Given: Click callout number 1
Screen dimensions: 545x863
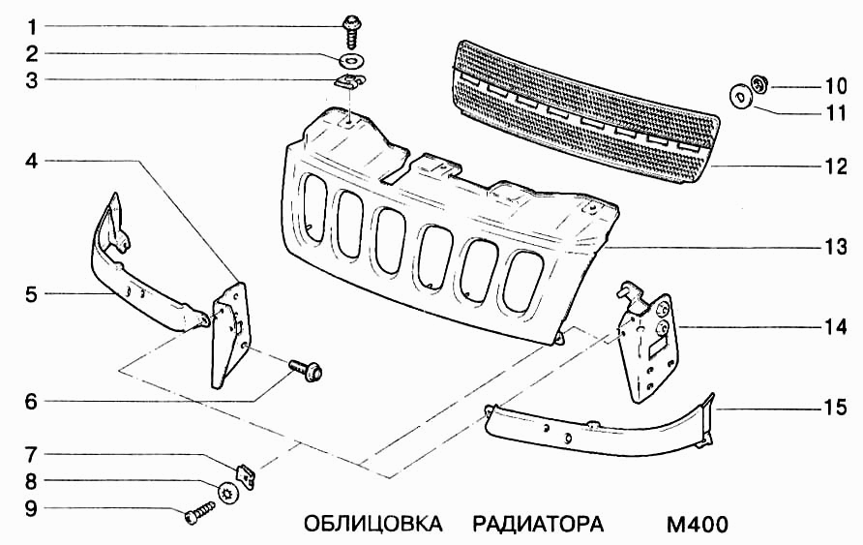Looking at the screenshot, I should (x=31, y=25).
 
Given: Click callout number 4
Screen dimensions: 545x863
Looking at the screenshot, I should (x=31, y=161).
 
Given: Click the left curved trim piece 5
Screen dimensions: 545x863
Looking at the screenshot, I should (x=145, y=271).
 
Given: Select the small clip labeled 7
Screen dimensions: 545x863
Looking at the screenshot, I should (x=249, y=474).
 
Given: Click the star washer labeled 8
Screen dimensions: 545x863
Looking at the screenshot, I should (x=228, y=493).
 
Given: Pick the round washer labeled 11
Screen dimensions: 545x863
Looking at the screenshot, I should (x=741, y=98).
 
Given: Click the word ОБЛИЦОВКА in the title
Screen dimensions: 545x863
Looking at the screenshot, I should (x=372, y=525).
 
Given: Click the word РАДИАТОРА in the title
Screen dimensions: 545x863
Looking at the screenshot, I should (x=538, y=525).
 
